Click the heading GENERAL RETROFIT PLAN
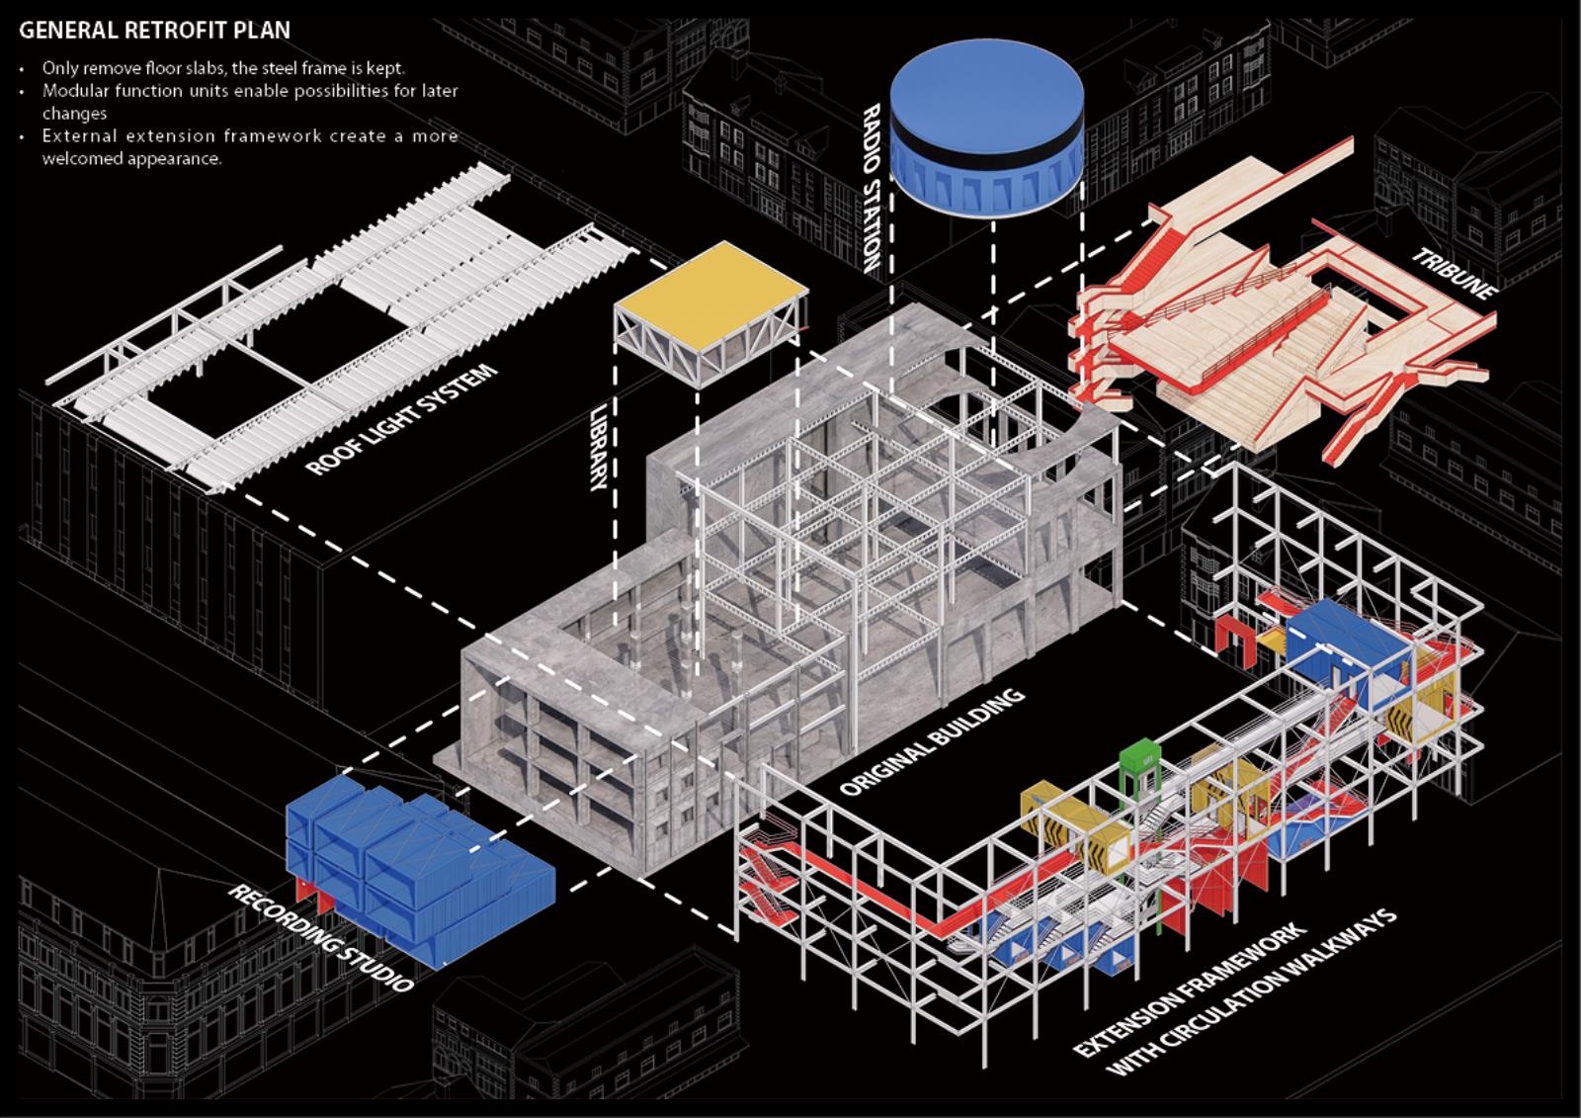tap(154, 30)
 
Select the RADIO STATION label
tap(869, 188)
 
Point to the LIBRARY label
tap(599, 446)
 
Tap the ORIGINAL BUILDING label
tap(931, 741)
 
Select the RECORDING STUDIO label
tap(321, 937)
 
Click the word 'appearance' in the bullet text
tap(173, 158)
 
